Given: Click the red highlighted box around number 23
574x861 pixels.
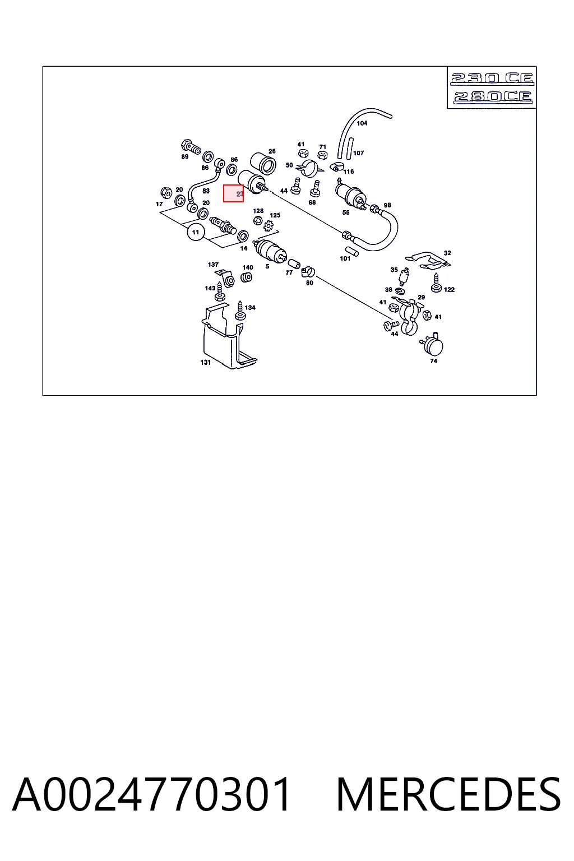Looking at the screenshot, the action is [233, 193].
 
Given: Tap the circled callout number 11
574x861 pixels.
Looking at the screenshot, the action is [196, 232].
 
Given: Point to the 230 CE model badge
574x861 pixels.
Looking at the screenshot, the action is [492, 79].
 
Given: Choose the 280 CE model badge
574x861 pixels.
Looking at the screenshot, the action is [493, 96].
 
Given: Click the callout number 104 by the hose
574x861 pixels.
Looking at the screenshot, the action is [362, 123].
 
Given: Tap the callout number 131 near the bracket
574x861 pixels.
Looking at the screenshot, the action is [206, 363].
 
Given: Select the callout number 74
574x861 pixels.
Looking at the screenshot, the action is [434, 361].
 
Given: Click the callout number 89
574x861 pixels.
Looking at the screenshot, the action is [185, 157].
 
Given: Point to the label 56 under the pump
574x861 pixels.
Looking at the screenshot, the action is [346, 212].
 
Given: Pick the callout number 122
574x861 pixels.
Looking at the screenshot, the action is [450, 289].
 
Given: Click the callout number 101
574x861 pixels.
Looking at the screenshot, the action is [345, 258].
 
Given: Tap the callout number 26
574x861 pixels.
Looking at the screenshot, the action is [272, 151].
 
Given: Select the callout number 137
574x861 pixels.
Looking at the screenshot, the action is [213, 265].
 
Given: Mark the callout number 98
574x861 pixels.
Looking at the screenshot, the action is [387, 205].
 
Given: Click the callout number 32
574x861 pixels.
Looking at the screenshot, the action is [447, 253].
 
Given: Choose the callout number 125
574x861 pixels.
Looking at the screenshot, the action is [275, 215].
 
